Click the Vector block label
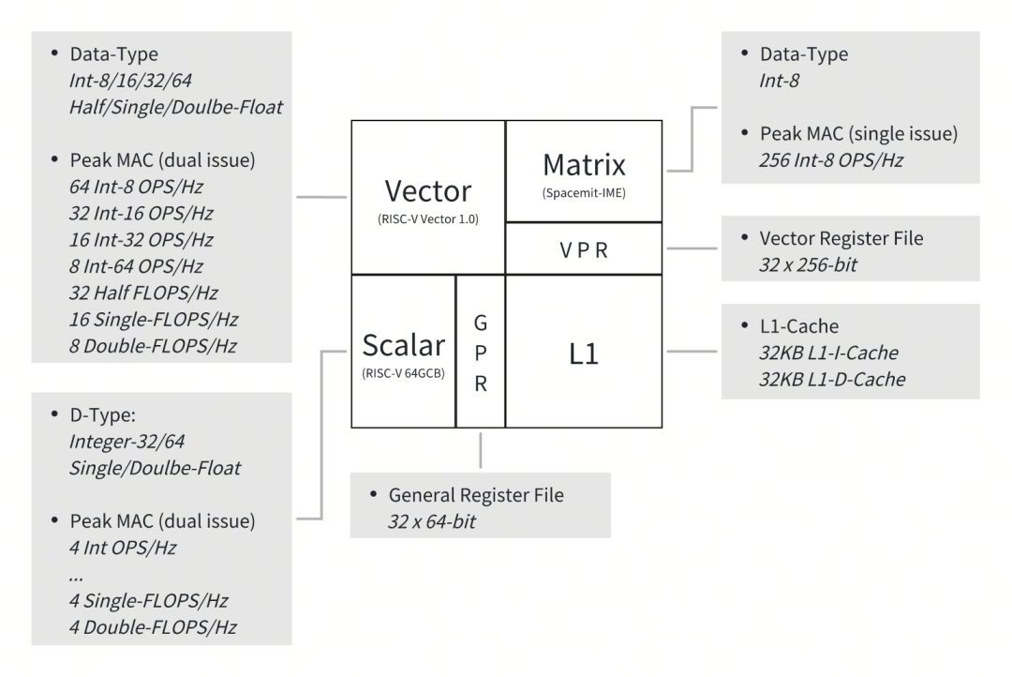point(428,191)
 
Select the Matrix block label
point(584,165)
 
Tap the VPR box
point(583,251)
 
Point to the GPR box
point(480,353)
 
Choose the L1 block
point(583,353)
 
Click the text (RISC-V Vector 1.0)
point(428,221)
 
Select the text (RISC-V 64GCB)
point(403,373)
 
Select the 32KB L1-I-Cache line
point(827,354)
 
